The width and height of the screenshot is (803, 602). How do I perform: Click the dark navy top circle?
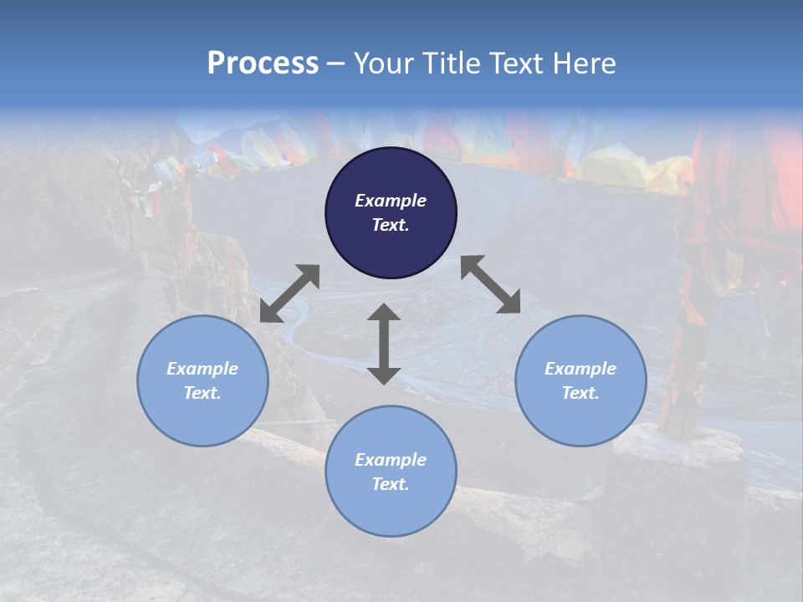click(391, 212)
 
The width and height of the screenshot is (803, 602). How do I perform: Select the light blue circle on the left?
click(202, 380)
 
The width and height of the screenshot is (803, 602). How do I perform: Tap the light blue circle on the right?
click(581, 380)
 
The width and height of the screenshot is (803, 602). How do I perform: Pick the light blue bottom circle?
click(391, 472)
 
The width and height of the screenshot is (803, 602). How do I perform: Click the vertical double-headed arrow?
click(384, 344)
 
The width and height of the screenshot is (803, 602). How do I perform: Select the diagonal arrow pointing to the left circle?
click(289, 293)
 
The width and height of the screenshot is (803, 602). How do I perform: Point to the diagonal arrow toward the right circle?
click(490, 284)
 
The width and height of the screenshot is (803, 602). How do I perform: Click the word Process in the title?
click(263, 64)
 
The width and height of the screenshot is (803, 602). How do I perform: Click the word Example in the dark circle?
click(391, 201)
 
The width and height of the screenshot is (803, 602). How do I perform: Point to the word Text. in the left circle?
click(202, 393)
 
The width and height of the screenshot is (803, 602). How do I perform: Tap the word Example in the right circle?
click(581, 369)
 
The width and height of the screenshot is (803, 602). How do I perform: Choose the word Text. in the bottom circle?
click(391, 484)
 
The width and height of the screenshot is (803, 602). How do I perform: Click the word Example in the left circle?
click(202, 369)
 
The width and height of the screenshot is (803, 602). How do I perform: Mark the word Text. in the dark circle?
click(391, 225)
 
